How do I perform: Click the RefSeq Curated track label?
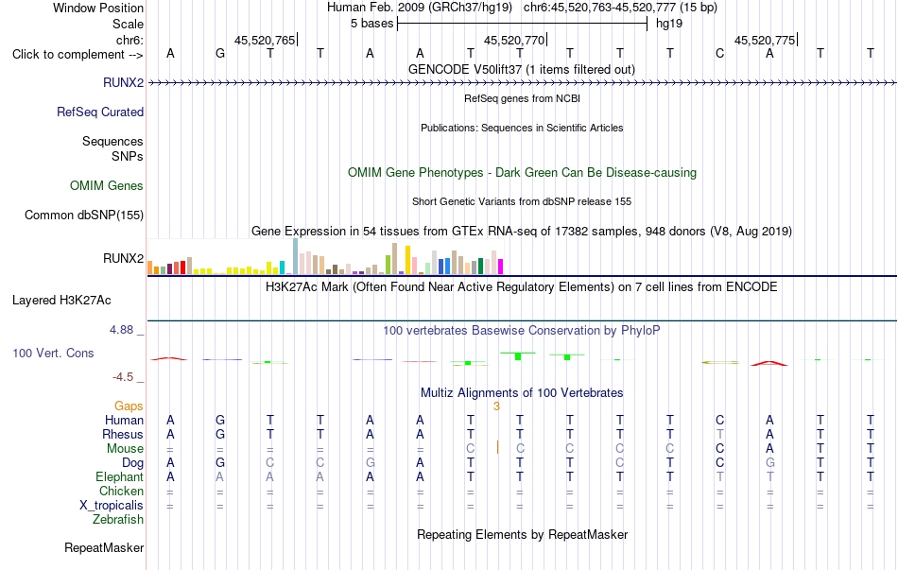tap(100, 112)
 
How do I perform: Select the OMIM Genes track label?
tap(107, 185)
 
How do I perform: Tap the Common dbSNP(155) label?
tap(84, 215)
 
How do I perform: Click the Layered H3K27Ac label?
tap(61, 301)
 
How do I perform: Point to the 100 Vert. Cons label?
tap(53, 353)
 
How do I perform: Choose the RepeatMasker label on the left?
tap(104, 548)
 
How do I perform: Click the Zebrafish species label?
tap(118, 520)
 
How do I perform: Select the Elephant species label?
tap(120, 477)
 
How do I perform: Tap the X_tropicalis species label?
tap(112, 506)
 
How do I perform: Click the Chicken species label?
tap(121, 491)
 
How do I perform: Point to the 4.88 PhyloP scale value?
tap(121, 330)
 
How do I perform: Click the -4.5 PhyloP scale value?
tap(123, 377)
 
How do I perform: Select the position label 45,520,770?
tap(514, 40)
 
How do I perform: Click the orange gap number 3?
tap(496, 406)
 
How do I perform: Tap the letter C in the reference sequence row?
tap(720, 54)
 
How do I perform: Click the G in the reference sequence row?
tap(220, 54)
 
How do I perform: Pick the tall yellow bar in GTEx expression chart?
tap(407, 260)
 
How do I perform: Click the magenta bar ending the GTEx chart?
tap(501, 267)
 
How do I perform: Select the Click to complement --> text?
tap(78, 55)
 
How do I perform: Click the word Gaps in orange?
tap(129, 406)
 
